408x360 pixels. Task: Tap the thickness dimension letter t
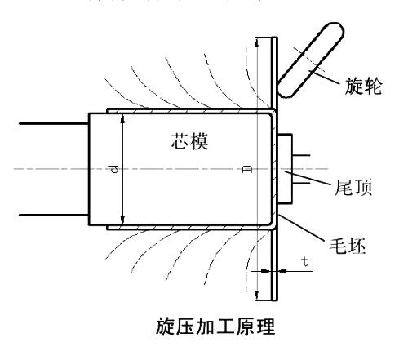pyautogui.click(x=304, y=264)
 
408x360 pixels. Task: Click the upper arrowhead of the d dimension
pyautogui.click(x=122, y=118)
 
